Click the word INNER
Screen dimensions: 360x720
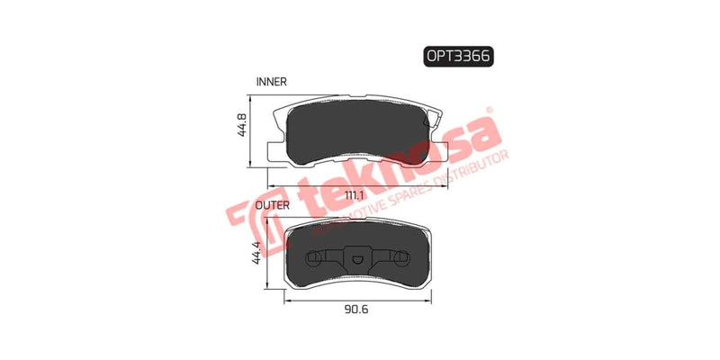click(271, 81)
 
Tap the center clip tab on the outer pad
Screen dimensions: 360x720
click(355, 262)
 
